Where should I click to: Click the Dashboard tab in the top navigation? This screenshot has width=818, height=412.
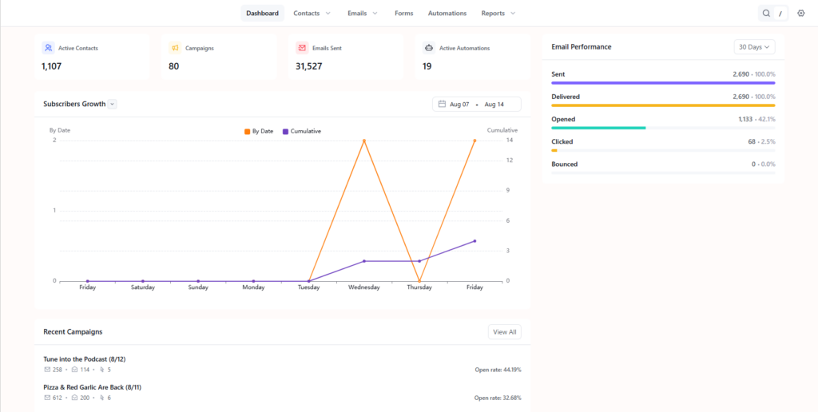262,13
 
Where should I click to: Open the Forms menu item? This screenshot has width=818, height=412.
403,13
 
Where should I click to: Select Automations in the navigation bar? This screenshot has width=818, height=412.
447,13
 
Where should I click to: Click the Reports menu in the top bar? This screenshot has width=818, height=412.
498,13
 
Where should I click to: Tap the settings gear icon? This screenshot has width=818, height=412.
801,13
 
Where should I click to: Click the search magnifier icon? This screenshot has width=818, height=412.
766,13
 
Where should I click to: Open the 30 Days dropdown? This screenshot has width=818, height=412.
754,47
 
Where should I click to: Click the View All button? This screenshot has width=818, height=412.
505,331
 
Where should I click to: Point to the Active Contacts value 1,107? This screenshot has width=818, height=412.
52,66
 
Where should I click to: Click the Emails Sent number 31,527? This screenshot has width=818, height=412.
309,66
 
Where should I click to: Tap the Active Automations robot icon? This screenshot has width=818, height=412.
429,48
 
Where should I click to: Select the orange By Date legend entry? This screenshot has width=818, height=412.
259,132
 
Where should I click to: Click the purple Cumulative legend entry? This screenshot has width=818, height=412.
301,132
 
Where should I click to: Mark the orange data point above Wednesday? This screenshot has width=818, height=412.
364,141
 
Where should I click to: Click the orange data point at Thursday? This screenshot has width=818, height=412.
419,281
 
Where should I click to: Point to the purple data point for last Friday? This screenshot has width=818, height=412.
475,241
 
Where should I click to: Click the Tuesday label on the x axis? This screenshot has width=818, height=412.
309,287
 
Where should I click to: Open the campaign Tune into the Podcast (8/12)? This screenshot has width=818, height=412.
85,359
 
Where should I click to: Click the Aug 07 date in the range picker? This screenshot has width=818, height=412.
459,105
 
